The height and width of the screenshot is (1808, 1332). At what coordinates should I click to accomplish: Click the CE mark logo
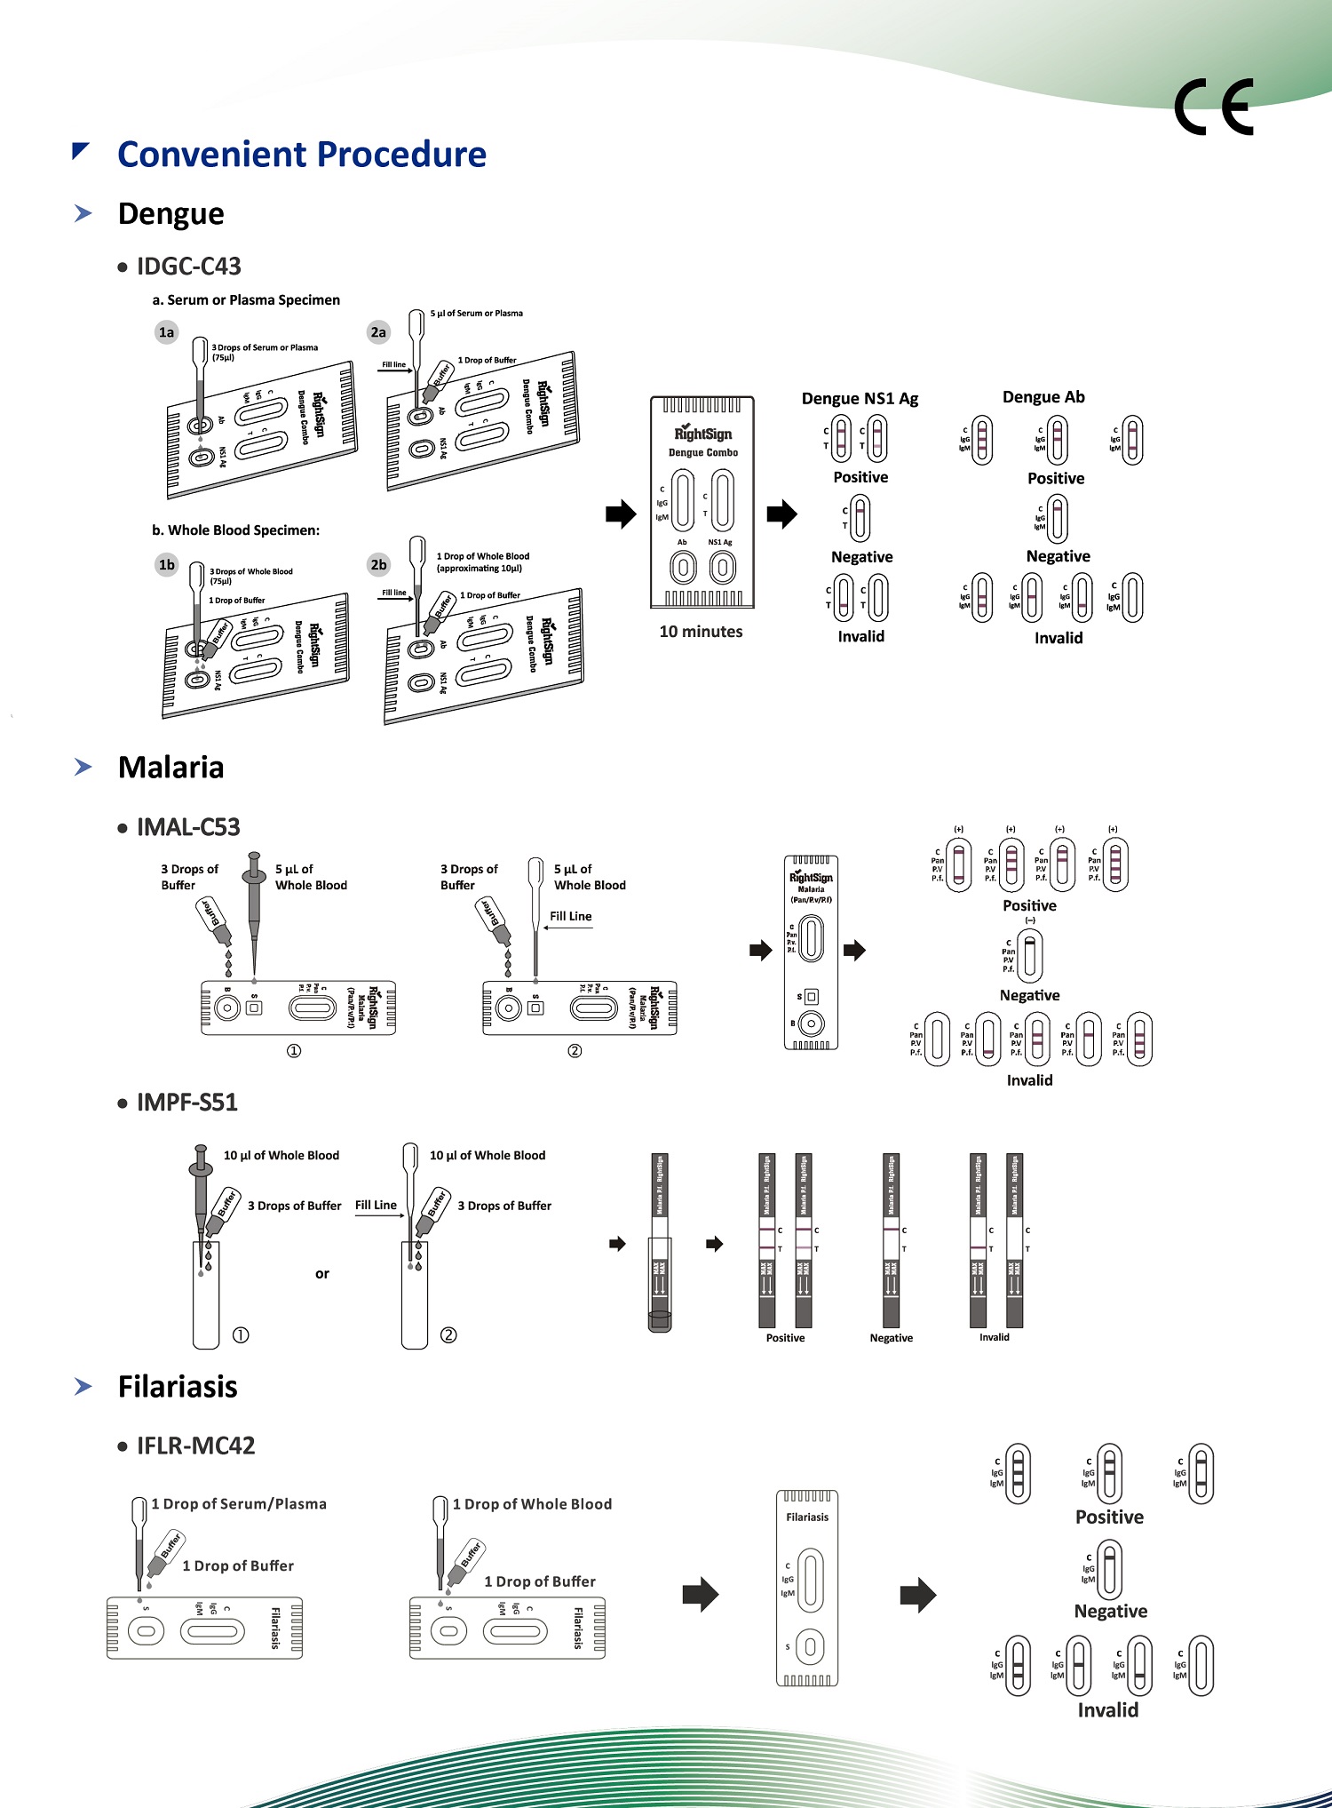pyautogui.click(x=1213, y=108)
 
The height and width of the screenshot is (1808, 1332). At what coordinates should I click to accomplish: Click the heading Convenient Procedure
pyautogui.click(x=302, y=155)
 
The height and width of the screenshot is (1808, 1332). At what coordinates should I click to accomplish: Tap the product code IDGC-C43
pyautogui.click(x=188, y=267)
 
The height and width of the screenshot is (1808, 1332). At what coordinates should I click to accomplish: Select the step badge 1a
pyautogui.click(x=166, y=332)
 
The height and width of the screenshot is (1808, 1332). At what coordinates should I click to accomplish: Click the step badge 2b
pyautogui.click(x=378, y=564)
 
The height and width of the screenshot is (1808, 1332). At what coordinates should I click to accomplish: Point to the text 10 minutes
pyautogui.click(x=701, y=632)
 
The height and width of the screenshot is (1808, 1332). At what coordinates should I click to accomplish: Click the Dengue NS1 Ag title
pyautogui.click(x=860, y=399)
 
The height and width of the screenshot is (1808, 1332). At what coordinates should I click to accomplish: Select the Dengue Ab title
pyautogui.click(x=1043, y=397)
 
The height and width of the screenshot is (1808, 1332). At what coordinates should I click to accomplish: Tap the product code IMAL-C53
pyautogui.click(x=188, y=827)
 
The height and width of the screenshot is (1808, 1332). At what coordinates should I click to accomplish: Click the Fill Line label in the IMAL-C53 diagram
pyautogui.click(x=570, y=916)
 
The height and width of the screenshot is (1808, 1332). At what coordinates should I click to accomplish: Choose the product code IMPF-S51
pyautogui.click(x=187, y=1103)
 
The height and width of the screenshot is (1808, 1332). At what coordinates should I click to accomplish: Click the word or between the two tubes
pyautogui.click(x=322, y=1274)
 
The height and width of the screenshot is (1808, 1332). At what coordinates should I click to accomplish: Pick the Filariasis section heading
pyautogui.click(x=178, y=1387)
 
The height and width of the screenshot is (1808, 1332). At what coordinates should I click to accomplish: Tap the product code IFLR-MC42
pyautogui.click(x=195, y=1446)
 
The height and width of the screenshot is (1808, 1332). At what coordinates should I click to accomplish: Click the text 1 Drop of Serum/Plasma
pyautogui.click(x=239, y=1504)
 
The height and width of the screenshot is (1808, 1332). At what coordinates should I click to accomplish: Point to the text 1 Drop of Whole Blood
pyautogui.click(x=532, y=1504)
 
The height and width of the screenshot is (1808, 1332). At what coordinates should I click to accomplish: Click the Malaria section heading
pyautogui.click(x=170, y=768)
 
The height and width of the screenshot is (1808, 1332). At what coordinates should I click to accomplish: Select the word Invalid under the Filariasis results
pyautogui.click(x=1107, y=1710)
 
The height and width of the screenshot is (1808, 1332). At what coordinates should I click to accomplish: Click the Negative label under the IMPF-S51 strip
pyautogui.click(x=891, y=1338)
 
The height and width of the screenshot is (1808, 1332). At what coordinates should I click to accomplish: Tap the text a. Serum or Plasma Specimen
pyautogui.click(x=246, y=300)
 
